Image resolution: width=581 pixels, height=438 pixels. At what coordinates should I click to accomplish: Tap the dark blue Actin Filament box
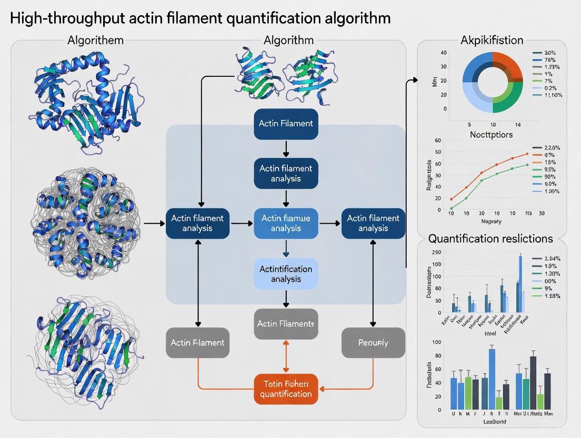click(x=286, y=124)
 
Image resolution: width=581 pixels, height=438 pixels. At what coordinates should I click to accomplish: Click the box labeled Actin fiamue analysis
click(x=286, y=223)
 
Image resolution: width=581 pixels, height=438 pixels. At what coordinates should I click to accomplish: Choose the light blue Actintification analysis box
click(x=286, y=274)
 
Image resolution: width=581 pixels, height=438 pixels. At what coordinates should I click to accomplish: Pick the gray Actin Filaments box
click(x=286, y=324)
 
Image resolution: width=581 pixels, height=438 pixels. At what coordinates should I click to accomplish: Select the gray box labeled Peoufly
click(x=373, y=343)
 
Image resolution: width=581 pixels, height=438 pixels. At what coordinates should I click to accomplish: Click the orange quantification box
click(x=286, y=389)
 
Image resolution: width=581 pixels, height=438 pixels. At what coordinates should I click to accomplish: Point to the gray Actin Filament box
click(x=197, y=343)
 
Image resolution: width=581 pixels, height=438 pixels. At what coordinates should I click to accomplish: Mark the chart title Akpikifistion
click(x=492, y=40)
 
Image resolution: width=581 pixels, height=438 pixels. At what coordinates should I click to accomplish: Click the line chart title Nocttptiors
click(x=491, y=135)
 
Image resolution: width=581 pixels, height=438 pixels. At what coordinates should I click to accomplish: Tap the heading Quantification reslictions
click(x=490, y=238)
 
